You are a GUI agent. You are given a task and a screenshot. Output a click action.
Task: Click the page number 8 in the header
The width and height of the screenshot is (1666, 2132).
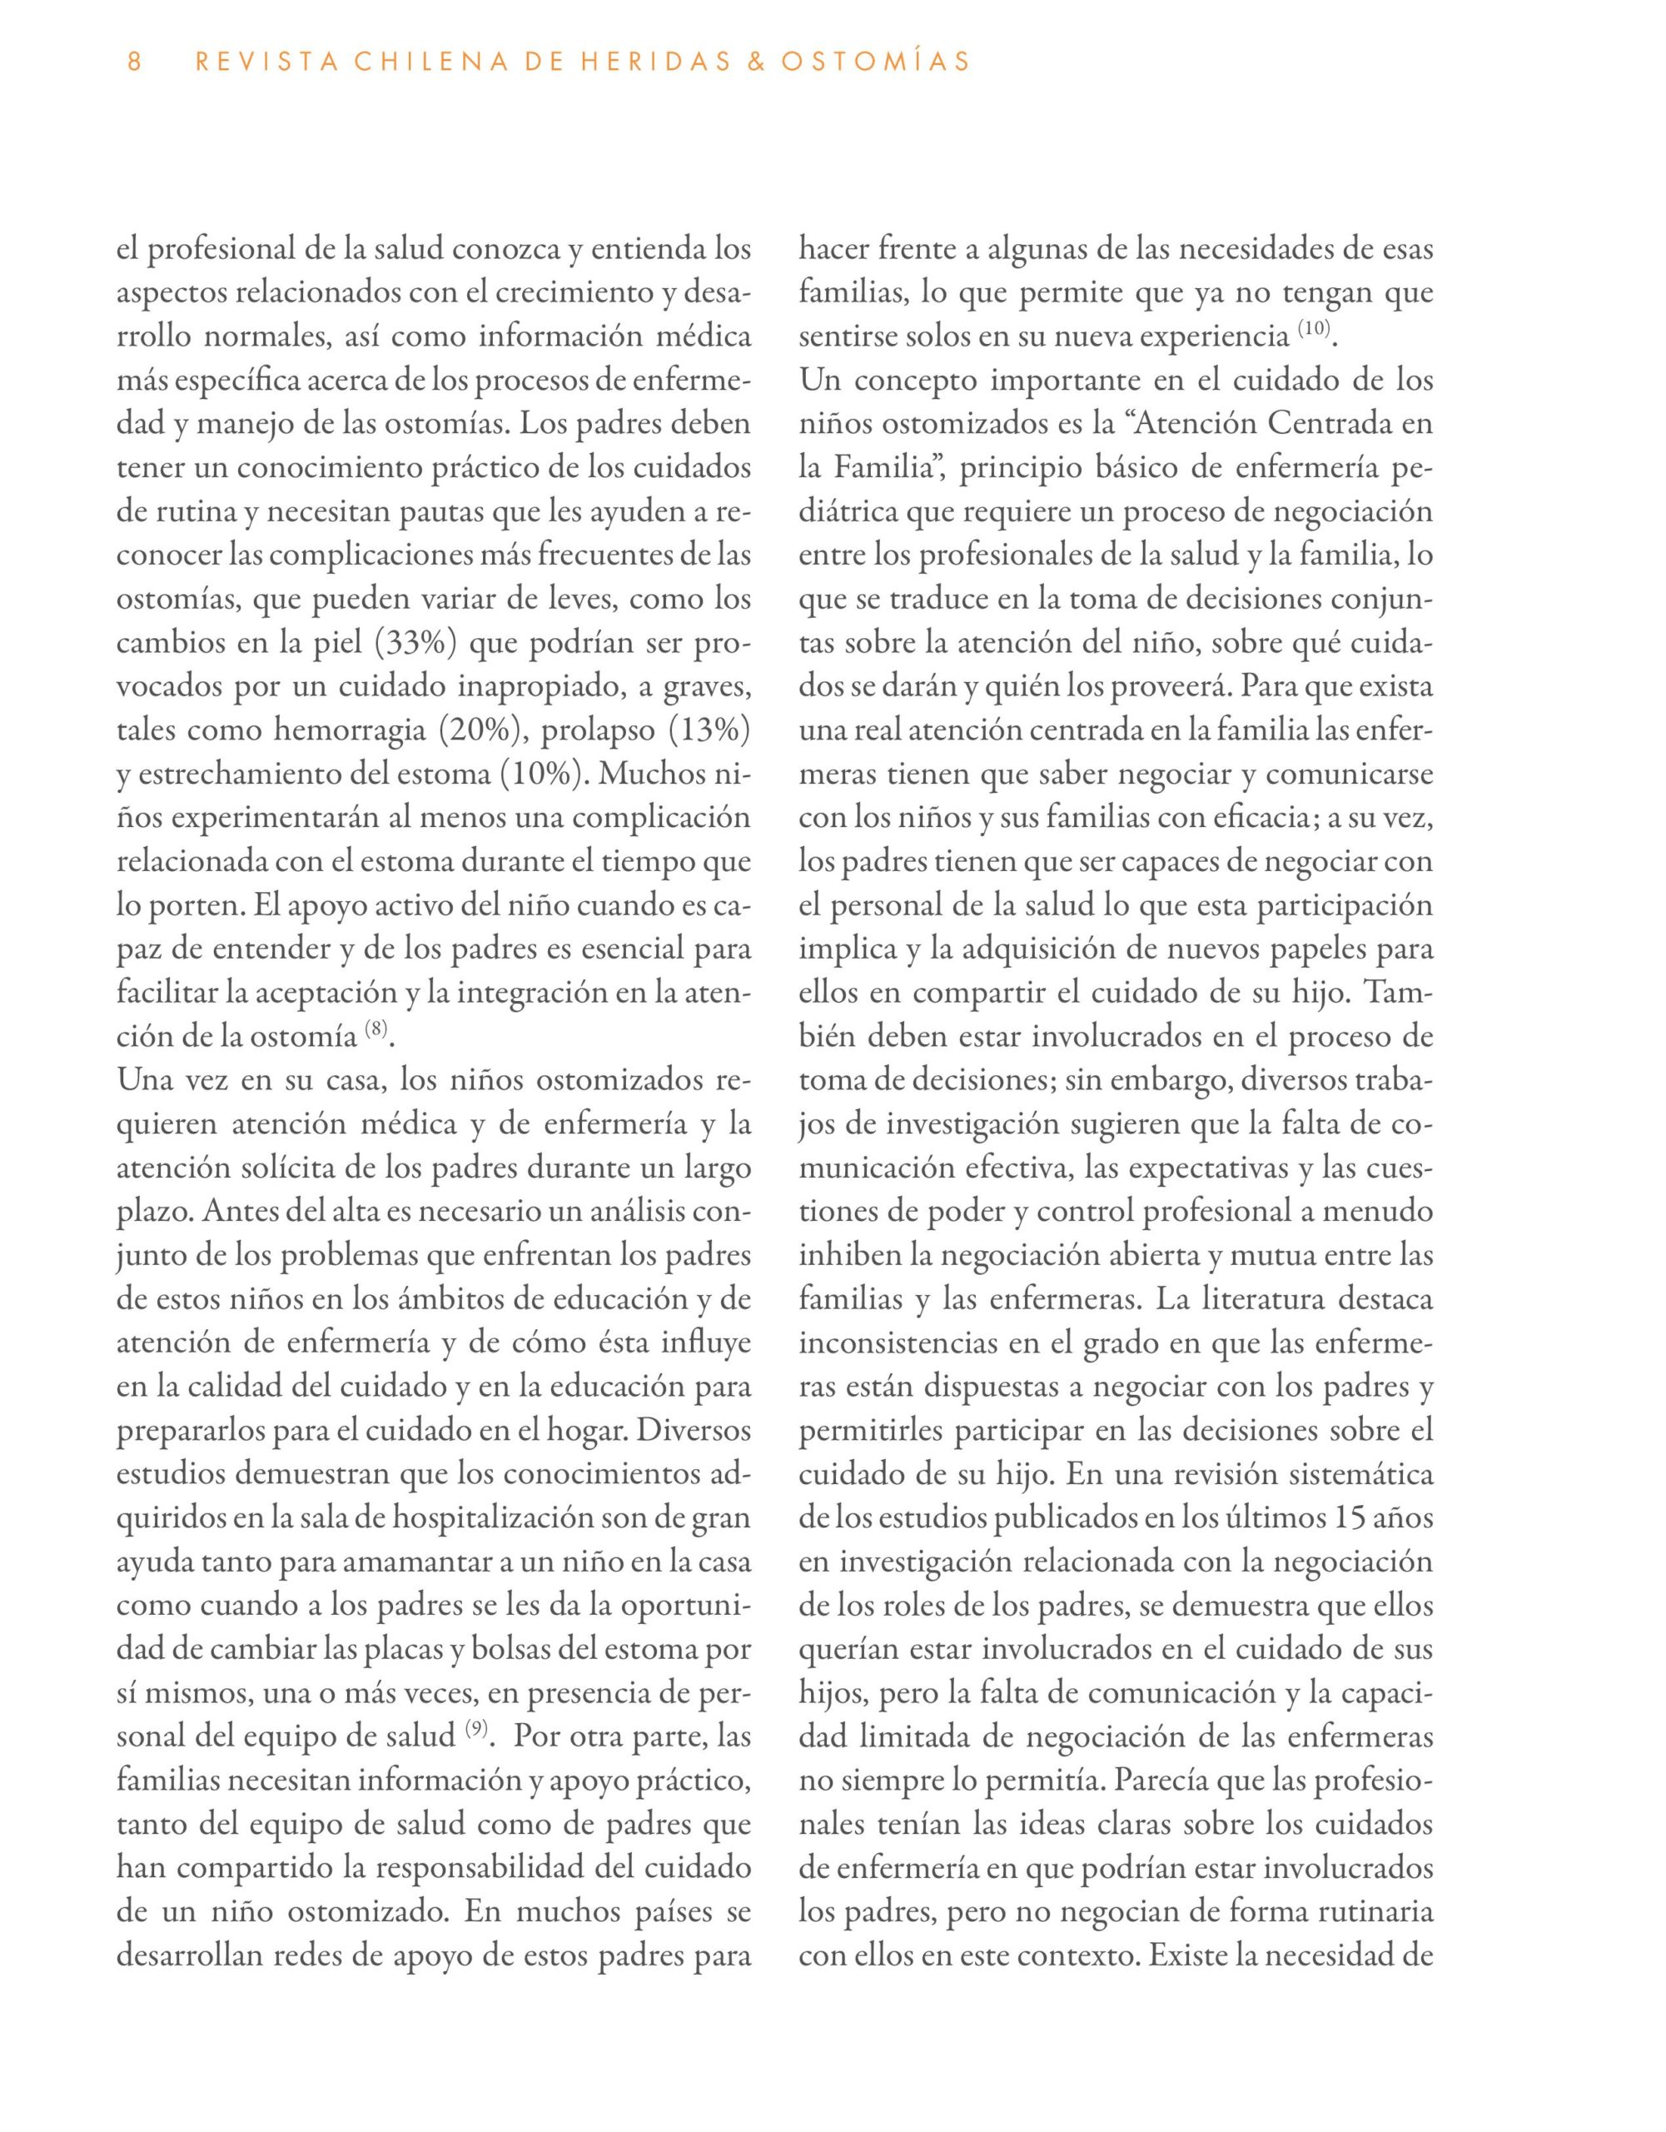135,62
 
